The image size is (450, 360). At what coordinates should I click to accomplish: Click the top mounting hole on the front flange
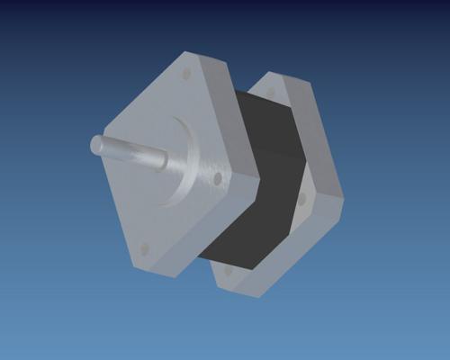click(186, 74)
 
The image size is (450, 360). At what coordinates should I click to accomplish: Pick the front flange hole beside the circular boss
click(217, 179)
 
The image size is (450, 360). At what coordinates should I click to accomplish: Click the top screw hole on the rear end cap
click(270, 93)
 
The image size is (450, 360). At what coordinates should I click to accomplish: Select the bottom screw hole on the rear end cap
click(228, 269)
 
